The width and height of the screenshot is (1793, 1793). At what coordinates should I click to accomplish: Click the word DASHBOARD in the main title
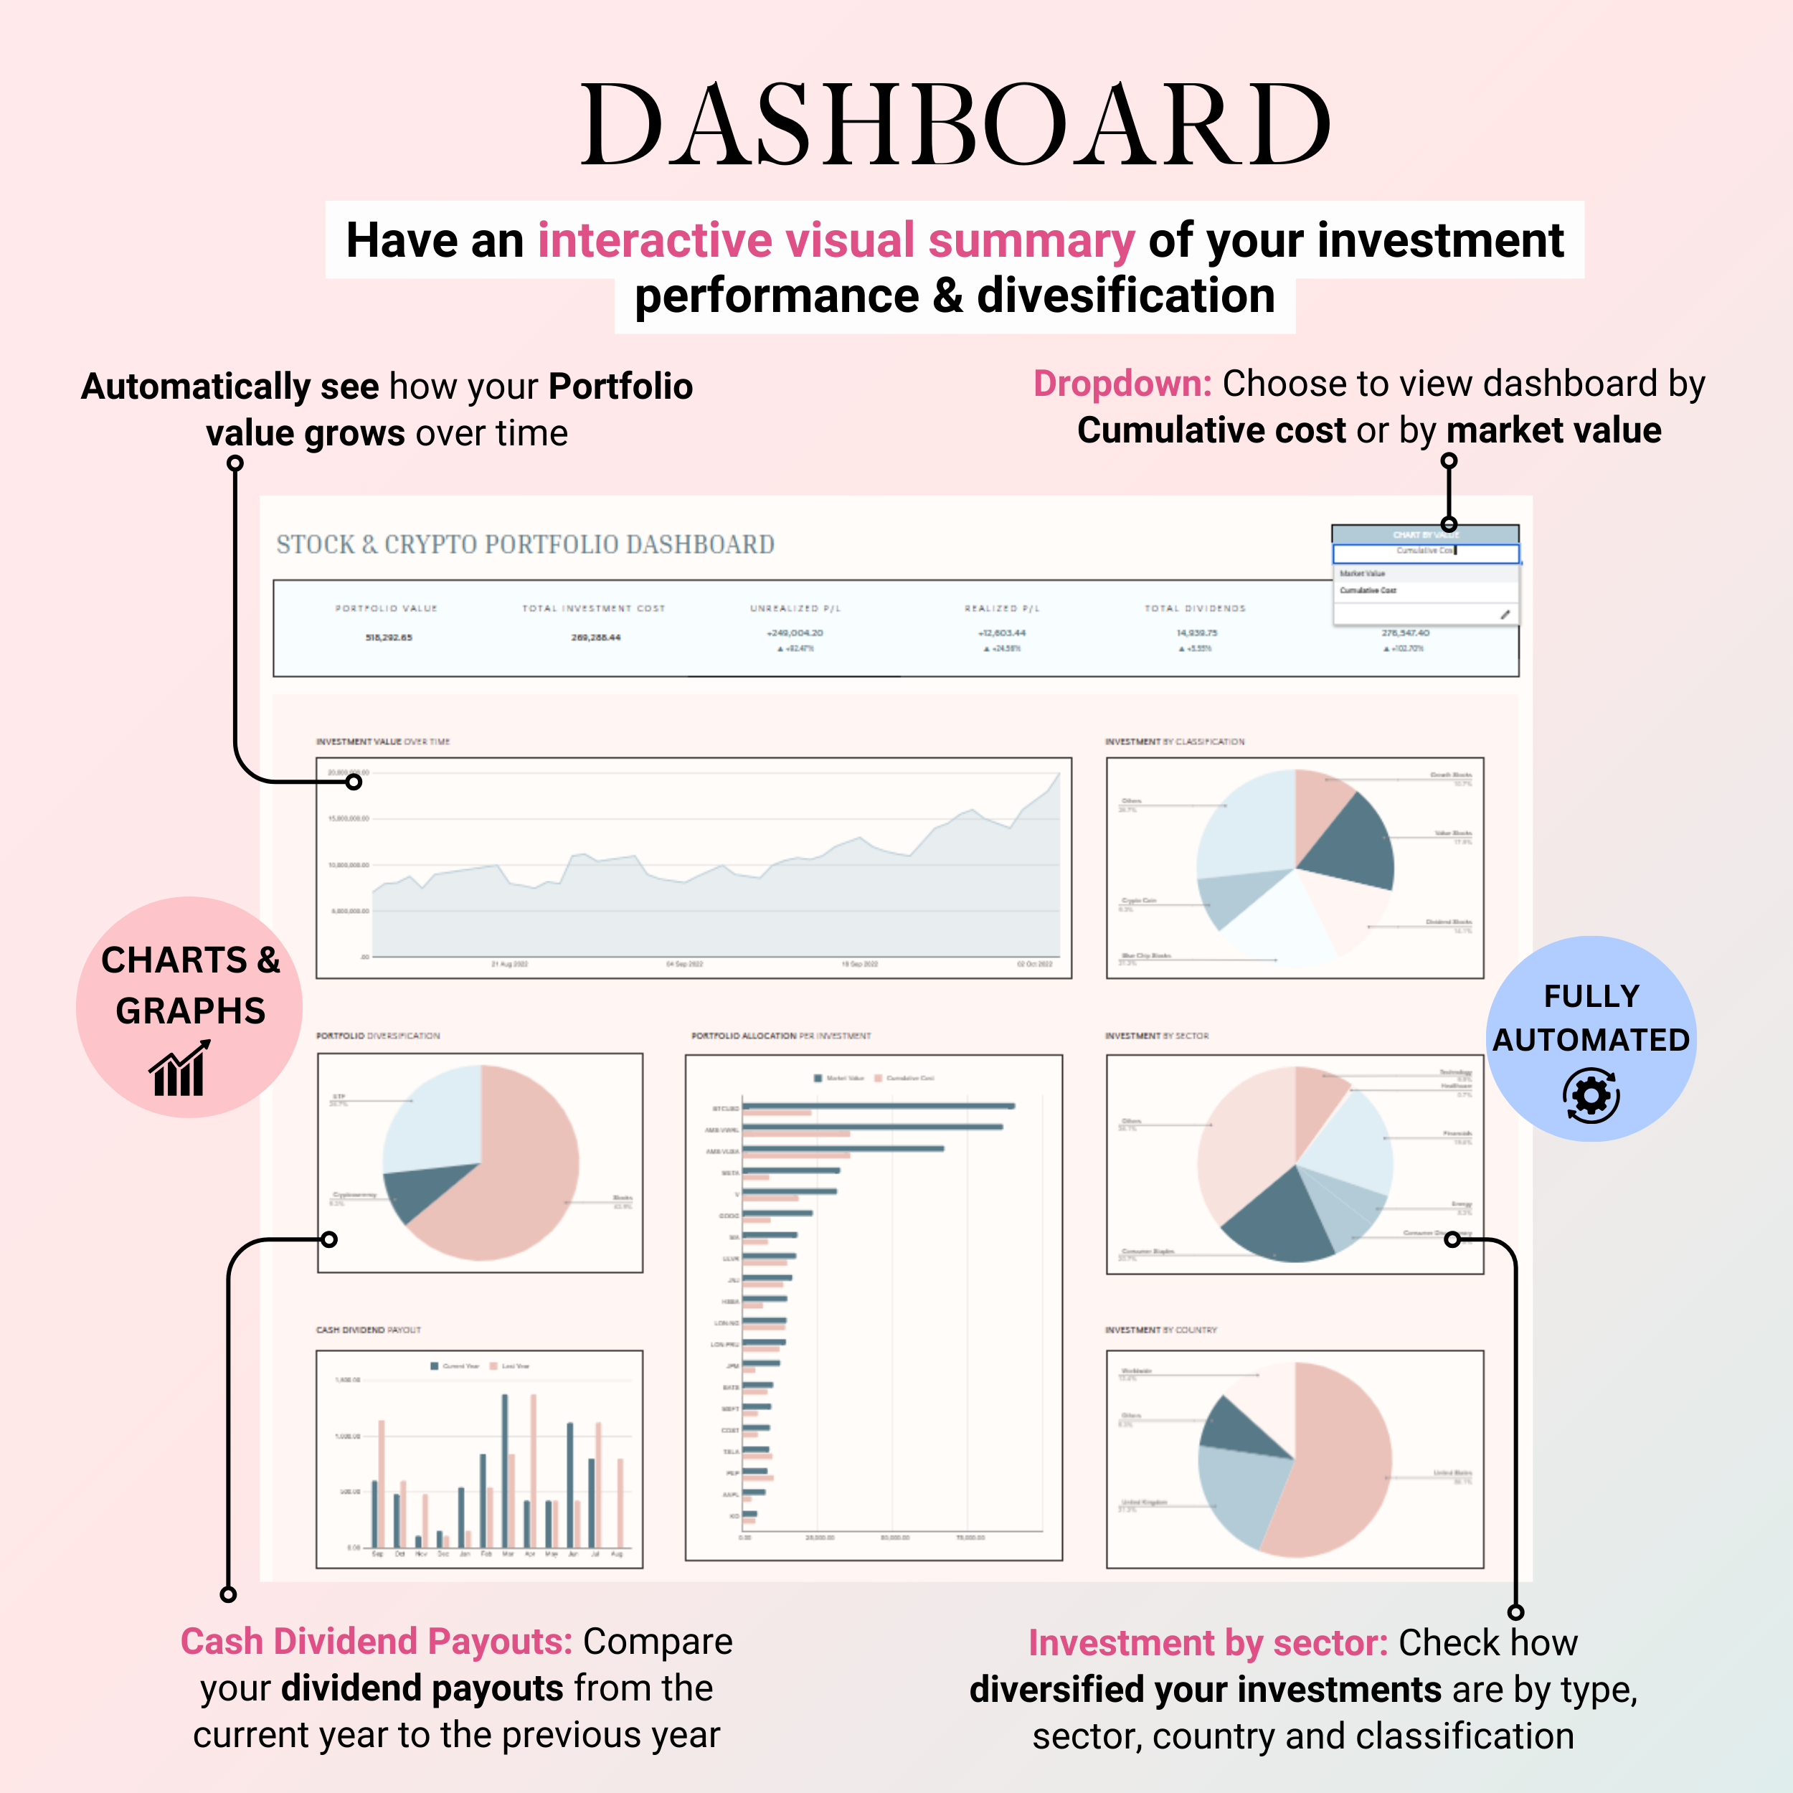(x=956, y=126)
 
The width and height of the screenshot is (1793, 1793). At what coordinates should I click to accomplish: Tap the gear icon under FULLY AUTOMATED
(x=1591, y=1096)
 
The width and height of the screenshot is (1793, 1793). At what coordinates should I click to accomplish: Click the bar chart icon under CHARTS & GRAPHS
(x=179, y=1069)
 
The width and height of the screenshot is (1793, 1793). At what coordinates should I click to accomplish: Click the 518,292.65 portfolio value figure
(x=388, y=638)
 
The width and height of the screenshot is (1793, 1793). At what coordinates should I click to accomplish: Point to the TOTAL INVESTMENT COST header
(x=593, y=609)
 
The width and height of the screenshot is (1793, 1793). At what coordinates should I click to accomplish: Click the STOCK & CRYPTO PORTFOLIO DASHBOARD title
(x=525, y=545)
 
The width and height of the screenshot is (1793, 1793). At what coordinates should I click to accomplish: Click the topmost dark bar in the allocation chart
(x=877, y=1105)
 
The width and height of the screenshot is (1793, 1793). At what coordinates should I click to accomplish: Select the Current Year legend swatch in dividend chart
(x=435, y=1366)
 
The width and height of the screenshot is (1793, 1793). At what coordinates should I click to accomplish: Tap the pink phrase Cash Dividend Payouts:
(x=376, y=1642)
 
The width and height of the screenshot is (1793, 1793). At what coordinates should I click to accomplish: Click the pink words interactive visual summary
(x=836, y=240)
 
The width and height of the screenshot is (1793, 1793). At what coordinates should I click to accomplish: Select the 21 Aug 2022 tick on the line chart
(x=509, y=964)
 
